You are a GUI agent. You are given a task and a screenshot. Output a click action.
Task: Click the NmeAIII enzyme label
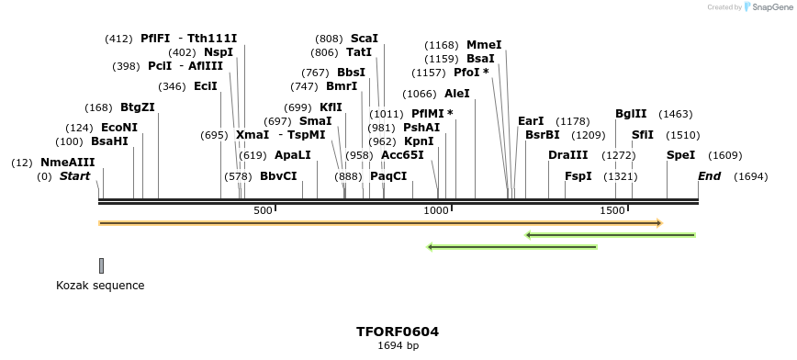coord(67,163)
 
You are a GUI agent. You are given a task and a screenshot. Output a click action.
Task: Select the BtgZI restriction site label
coord(137,107)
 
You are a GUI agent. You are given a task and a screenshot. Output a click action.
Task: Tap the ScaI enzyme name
coord(364,39)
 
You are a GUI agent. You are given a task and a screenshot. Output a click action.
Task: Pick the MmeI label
coord(484,45)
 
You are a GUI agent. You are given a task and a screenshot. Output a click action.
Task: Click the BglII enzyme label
coord(631,114)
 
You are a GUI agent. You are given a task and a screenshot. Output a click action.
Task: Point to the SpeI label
coord(680,155)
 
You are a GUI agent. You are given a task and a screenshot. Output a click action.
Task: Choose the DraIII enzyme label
coord(567,155)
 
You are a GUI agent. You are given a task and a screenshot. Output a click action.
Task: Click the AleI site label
coord(456,94)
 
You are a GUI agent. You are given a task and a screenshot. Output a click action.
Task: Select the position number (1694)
coord(751,176)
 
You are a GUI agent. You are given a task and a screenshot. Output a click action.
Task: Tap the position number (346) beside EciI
coord(172,86)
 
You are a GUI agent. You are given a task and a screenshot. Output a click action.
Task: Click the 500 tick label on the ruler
coord(264,211)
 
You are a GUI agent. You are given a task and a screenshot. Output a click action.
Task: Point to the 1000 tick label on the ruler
coord(435,211)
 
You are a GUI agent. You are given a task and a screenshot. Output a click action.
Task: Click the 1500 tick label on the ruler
coord(612,211)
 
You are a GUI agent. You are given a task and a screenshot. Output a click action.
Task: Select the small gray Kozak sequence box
coord(101,265)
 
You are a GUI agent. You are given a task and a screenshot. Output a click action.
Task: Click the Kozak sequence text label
coord(100,286)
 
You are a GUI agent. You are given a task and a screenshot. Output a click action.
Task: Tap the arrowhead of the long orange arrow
coord(658,223)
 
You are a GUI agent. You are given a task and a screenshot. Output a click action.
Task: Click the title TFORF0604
coord(398,332)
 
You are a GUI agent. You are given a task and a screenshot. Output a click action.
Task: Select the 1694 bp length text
coord(398,346)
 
